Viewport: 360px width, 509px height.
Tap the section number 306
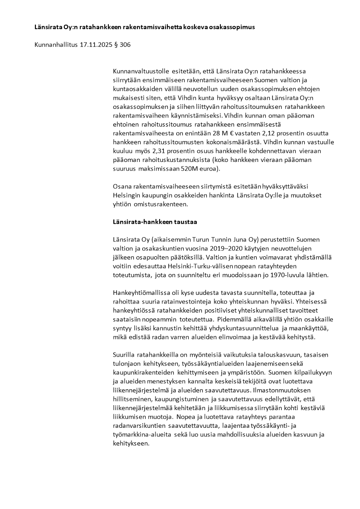click(126, 46)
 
